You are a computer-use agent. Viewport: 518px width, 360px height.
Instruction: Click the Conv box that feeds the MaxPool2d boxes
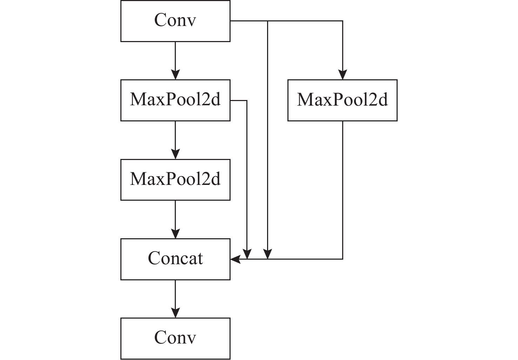coord(175,21)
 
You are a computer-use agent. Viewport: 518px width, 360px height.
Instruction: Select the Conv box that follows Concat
coord(175,338)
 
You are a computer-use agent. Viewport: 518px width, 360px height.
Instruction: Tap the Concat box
coord(175,259)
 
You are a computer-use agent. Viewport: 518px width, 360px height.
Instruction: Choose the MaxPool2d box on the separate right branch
coord(342,100)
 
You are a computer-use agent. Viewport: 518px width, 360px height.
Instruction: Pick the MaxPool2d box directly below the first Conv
coord(175,100)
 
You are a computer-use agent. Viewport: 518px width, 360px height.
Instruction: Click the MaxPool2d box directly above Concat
coord(175,180)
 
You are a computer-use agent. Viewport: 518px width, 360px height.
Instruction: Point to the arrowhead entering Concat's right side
coord(235,259)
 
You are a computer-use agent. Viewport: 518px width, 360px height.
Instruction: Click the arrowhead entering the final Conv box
coord(175,313)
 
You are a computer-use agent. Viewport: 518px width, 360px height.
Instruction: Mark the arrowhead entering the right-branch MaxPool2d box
coord(343,75)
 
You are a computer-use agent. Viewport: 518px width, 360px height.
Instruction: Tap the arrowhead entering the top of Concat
coord(175,234)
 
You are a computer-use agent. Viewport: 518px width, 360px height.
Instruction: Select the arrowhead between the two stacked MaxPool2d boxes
coord(175,154)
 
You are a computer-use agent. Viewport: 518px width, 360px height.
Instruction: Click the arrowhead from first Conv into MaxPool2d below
coord(175,75)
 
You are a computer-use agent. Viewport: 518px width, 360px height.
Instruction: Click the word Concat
coord(175,259)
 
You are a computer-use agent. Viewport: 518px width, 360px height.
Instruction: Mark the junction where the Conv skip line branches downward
coord(268,21)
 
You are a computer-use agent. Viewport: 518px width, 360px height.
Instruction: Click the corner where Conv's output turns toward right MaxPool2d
coord(343,21)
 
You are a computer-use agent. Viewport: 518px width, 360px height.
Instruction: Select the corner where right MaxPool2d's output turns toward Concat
coord(343,259)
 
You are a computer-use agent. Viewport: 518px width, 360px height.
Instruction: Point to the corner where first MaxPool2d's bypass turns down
coord(247,101)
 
